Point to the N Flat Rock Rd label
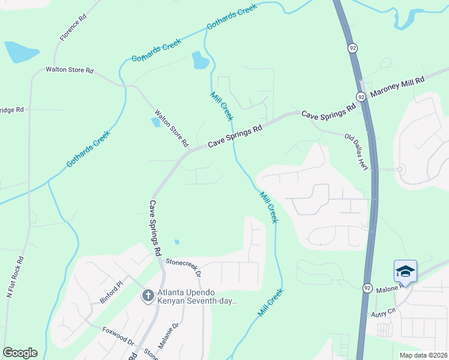coord(15,277)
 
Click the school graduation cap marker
coord(405,271)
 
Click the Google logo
coord(20,352)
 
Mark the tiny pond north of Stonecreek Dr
coord(176,242)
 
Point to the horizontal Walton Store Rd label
coord(70,70)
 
